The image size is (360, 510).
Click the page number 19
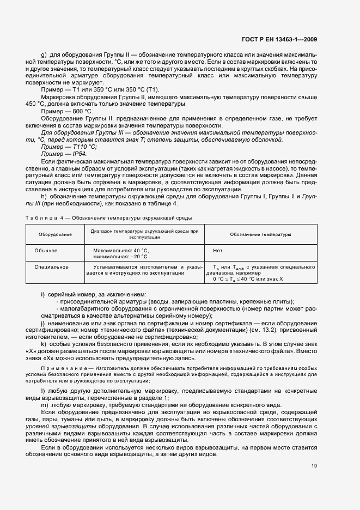tap(314, 465)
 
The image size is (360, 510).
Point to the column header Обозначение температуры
tap(260, 235)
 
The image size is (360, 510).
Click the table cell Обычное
tap(46, 250)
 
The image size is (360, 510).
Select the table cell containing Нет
tap(217, 250)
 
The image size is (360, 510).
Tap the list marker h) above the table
tap(44, 196)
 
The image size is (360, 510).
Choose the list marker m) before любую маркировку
tap(45, 405)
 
